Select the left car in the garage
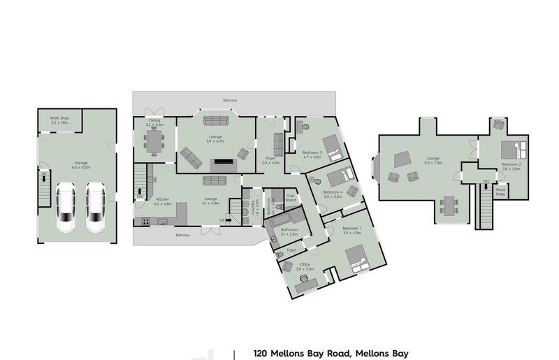(x=66, y=207)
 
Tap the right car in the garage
(x=94, y=207)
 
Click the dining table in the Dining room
(x=154, y=143)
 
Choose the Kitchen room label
(x=164, y=200)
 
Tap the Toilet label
(x=291, y=249)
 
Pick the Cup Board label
(x=291, y=198)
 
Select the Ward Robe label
(x=500, y=190)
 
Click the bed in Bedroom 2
(x=516, y=150)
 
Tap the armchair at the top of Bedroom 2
(x=499, y=124)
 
